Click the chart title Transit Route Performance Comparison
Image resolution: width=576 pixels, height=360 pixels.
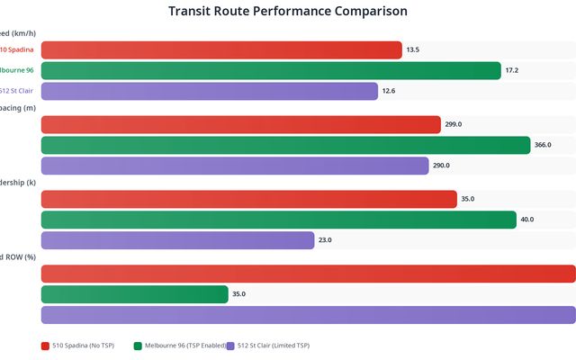288,12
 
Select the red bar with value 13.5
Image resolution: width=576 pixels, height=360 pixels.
221,50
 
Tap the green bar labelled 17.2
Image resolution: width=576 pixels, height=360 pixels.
271,70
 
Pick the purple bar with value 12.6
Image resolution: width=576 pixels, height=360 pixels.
210,91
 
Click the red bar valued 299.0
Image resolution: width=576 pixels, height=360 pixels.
241,125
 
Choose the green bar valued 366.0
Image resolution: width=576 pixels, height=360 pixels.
286,145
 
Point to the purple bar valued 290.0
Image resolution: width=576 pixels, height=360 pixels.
235,166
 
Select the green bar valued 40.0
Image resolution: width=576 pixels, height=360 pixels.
279,220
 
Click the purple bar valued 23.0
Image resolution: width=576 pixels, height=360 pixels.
178,240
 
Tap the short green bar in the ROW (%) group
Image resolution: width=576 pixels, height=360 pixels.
135,294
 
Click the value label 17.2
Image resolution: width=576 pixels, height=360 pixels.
511,70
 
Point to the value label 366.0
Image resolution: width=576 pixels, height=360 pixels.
543,145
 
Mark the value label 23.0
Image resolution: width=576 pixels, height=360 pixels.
325,240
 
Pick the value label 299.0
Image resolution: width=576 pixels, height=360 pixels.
454,125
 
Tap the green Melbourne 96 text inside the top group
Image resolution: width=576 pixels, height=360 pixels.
22,70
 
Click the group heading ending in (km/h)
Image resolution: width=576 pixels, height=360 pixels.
19,33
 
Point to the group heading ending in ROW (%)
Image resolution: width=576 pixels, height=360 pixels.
18,257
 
